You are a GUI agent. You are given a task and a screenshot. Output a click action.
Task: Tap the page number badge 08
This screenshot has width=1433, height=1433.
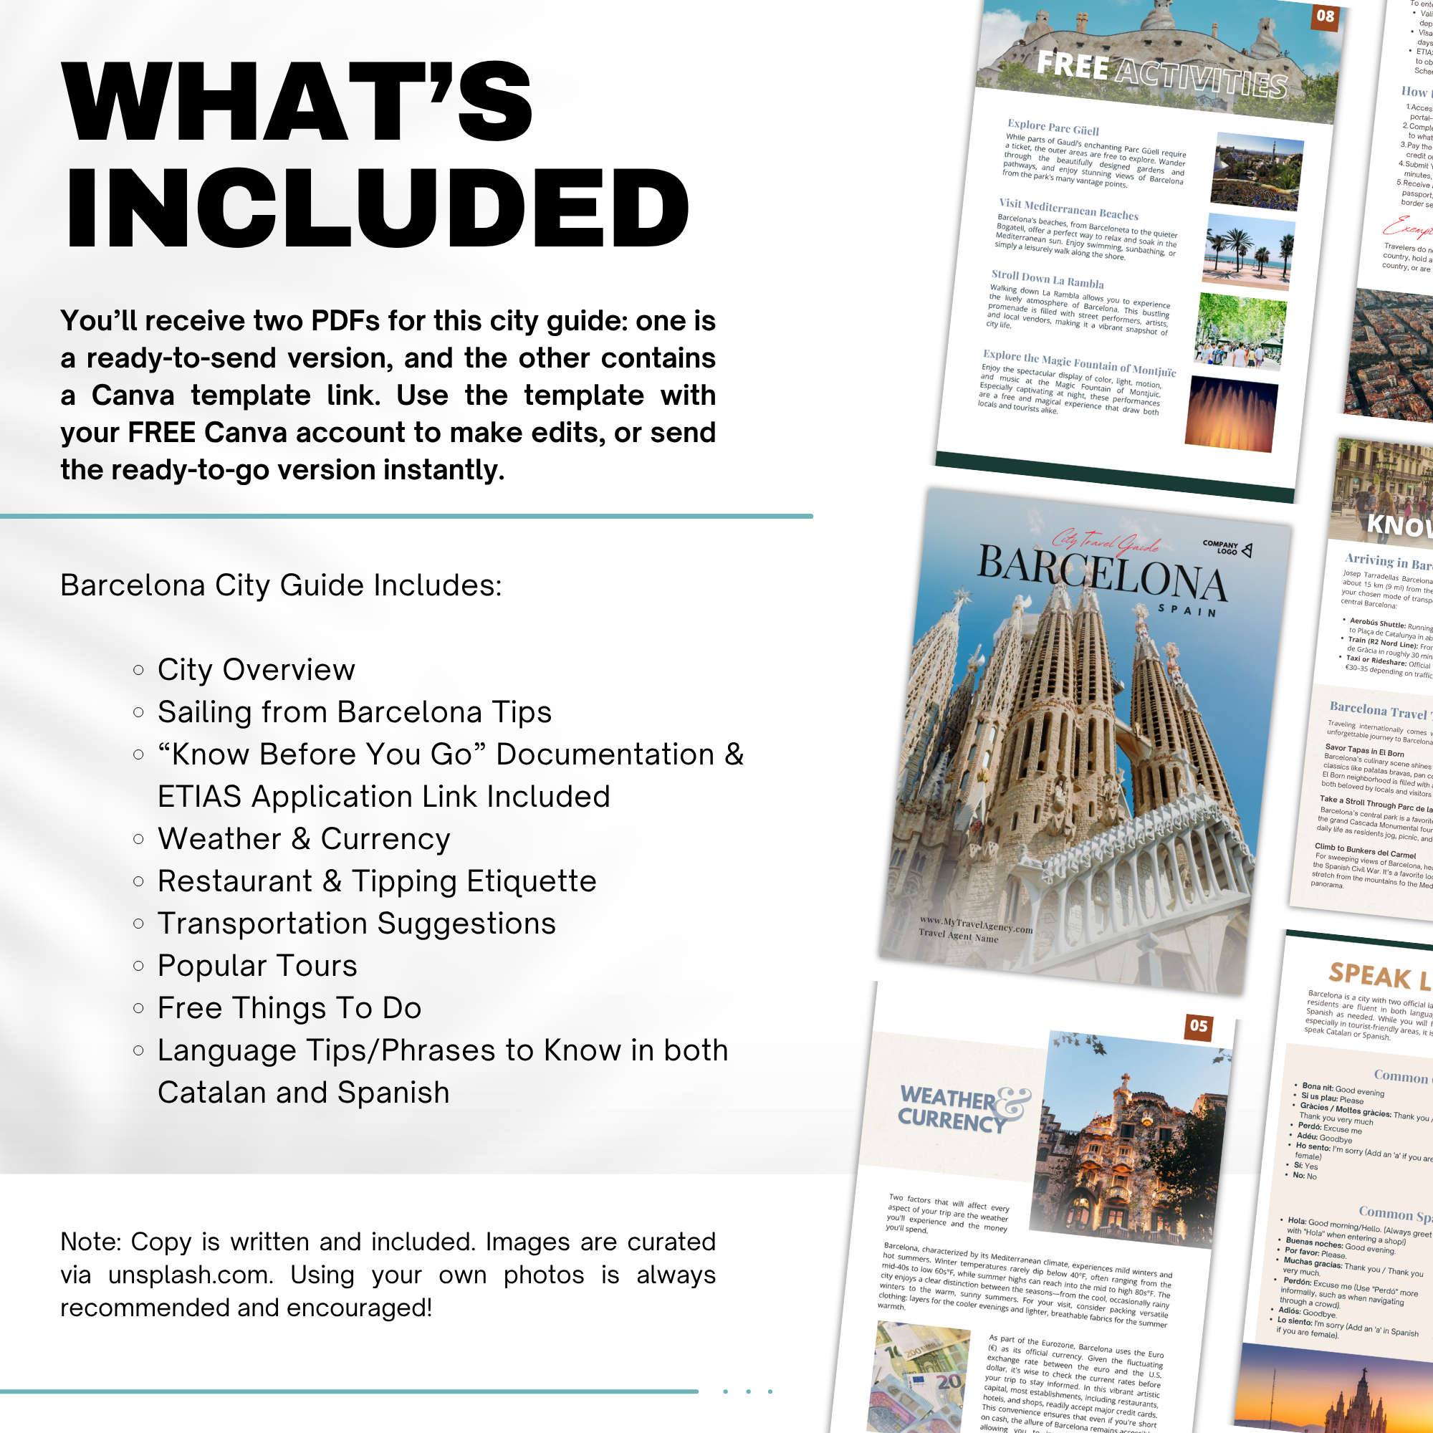tap(1325, 16)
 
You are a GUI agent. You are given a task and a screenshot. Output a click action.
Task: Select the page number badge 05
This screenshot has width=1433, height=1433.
tap(1199, 1026)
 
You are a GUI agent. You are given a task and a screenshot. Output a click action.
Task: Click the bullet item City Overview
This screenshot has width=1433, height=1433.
tap(256, 670)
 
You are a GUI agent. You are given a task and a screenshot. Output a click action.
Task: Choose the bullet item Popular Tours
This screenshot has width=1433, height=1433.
tap(257, 966)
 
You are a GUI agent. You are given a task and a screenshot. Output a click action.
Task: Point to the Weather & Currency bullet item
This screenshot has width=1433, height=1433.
tap(303, 839)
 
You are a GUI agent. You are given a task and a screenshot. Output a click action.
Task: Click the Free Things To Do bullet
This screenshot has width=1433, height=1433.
tap(289, 1008)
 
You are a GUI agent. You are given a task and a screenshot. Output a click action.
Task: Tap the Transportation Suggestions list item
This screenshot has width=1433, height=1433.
tap(356, 924)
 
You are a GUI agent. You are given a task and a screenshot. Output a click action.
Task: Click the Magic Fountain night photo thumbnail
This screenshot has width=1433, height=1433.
tap(1231, 414)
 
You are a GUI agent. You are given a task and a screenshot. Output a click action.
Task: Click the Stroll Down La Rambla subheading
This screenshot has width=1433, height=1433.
tap(1048, 279)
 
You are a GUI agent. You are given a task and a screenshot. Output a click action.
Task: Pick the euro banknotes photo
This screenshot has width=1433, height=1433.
tap(920, 1376)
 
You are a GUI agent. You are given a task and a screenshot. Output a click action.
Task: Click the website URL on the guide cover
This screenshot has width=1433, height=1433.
tap(975, 924)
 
